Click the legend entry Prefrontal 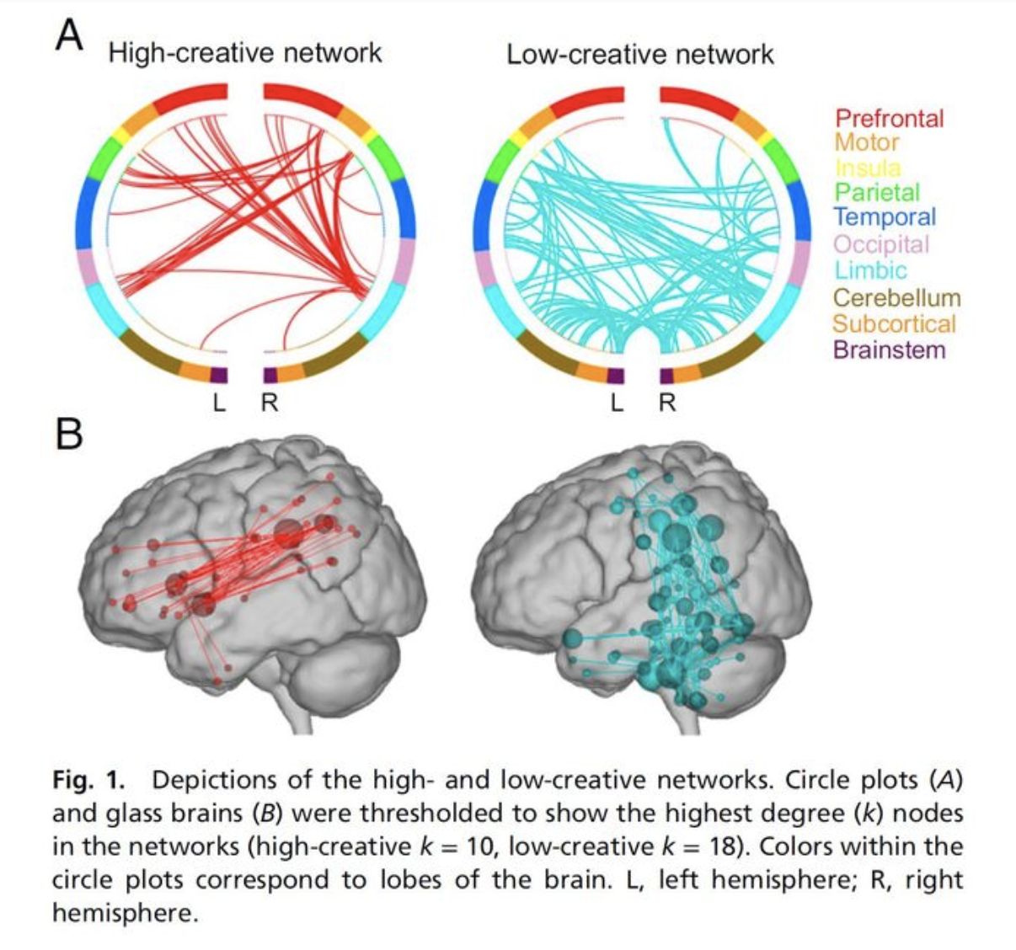coord(889,119)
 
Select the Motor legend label coord(866,142)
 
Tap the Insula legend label coord(867,168)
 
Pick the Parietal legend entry coord(877,193)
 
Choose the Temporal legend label coord(885,217)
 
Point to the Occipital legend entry coord(881,244)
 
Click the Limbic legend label coord(870,270)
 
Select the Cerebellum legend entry coord(896,298)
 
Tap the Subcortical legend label coord(894,324)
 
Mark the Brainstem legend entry coord(889,350)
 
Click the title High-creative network coord(245,54)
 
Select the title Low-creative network coord(639,56)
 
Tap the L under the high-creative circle coord(220,403)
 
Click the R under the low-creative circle coord(667,403)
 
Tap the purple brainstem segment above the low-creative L coord(616,376)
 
